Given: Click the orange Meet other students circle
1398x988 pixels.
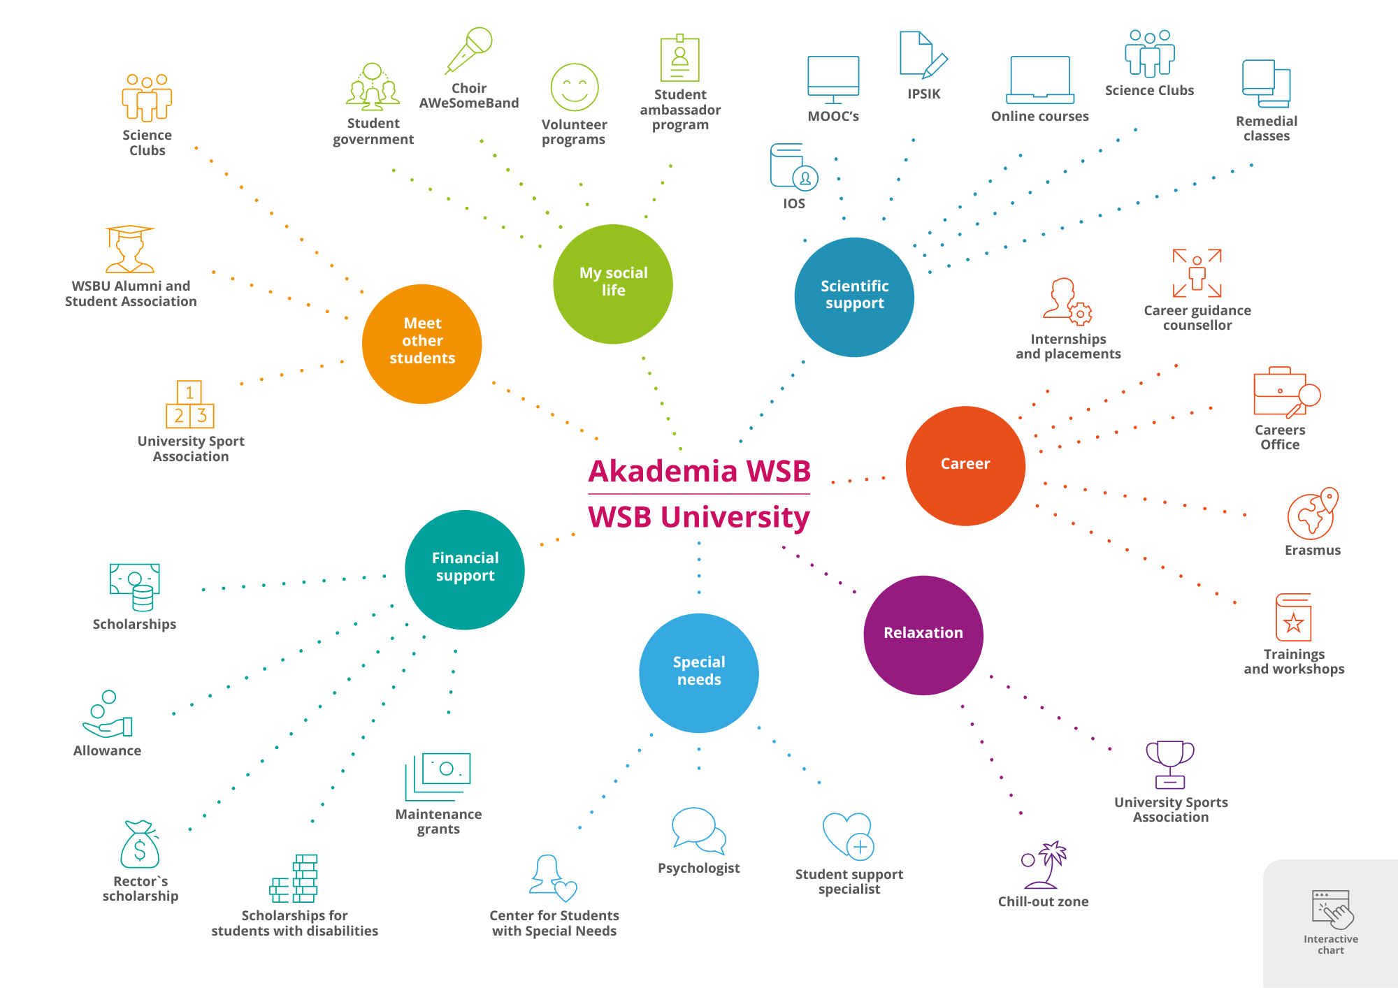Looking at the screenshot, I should [x=422, y=344].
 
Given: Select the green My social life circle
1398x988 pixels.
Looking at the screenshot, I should [x=613, y=284].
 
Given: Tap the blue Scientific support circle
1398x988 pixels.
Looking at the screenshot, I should [x=854, y=297].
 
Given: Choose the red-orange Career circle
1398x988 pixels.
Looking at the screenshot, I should [x=965, y=465].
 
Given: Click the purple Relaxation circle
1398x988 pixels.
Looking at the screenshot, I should [x=923, y=634].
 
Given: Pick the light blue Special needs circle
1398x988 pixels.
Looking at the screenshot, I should [x=699, y=672].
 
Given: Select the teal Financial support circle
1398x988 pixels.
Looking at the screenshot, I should [x=465, y=569].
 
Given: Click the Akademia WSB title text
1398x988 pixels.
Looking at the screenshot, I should [x=699, y=471].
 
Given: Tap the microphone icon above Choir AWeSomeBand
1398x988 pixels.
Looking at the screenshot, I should [x=469, y=50].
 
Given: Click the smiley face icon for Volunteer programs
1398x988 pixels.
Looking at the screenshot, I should [x=575, y=87].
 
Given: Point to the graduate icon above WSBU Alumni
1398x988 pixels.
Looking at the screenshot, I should [x=130, y=249].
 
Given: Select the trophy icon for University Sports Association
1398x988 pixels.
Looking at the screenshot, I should [x=1170, y=764].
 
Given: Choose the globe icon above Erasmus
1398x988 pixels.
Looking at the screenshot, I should [x=1312, y=514].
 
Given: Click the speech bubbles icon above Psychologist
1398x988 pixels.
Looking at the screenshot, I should [x=698, y=831].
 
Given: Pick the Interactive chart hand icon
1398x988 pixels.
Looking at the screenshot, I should [x=1332, y=910].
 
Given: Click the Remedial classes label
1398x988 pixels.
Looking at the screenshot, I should [x=1267, y=129].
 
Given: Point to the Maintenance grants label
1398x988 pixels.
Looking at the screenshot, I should [x=438, y=822].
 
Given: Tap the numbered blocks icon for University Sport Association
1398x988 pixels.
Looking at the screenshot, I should [x=190, y=405].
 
